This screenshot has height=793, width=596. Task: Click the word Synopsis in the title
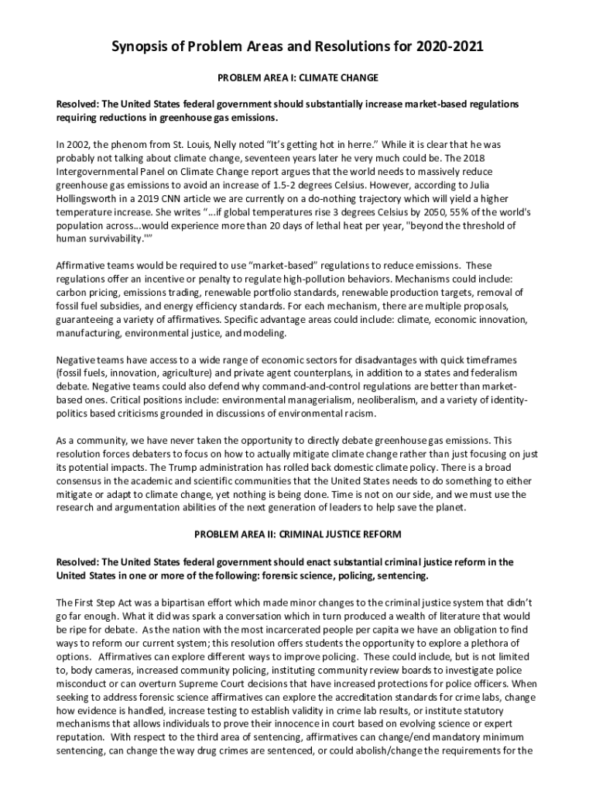click(145, 47)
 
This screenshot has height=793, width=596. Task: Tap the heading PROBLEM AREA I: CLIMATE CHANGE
click(298, 78)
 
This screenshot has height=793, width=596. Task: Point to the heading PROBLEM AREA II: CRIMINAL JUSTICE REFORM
click(298, 534)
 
